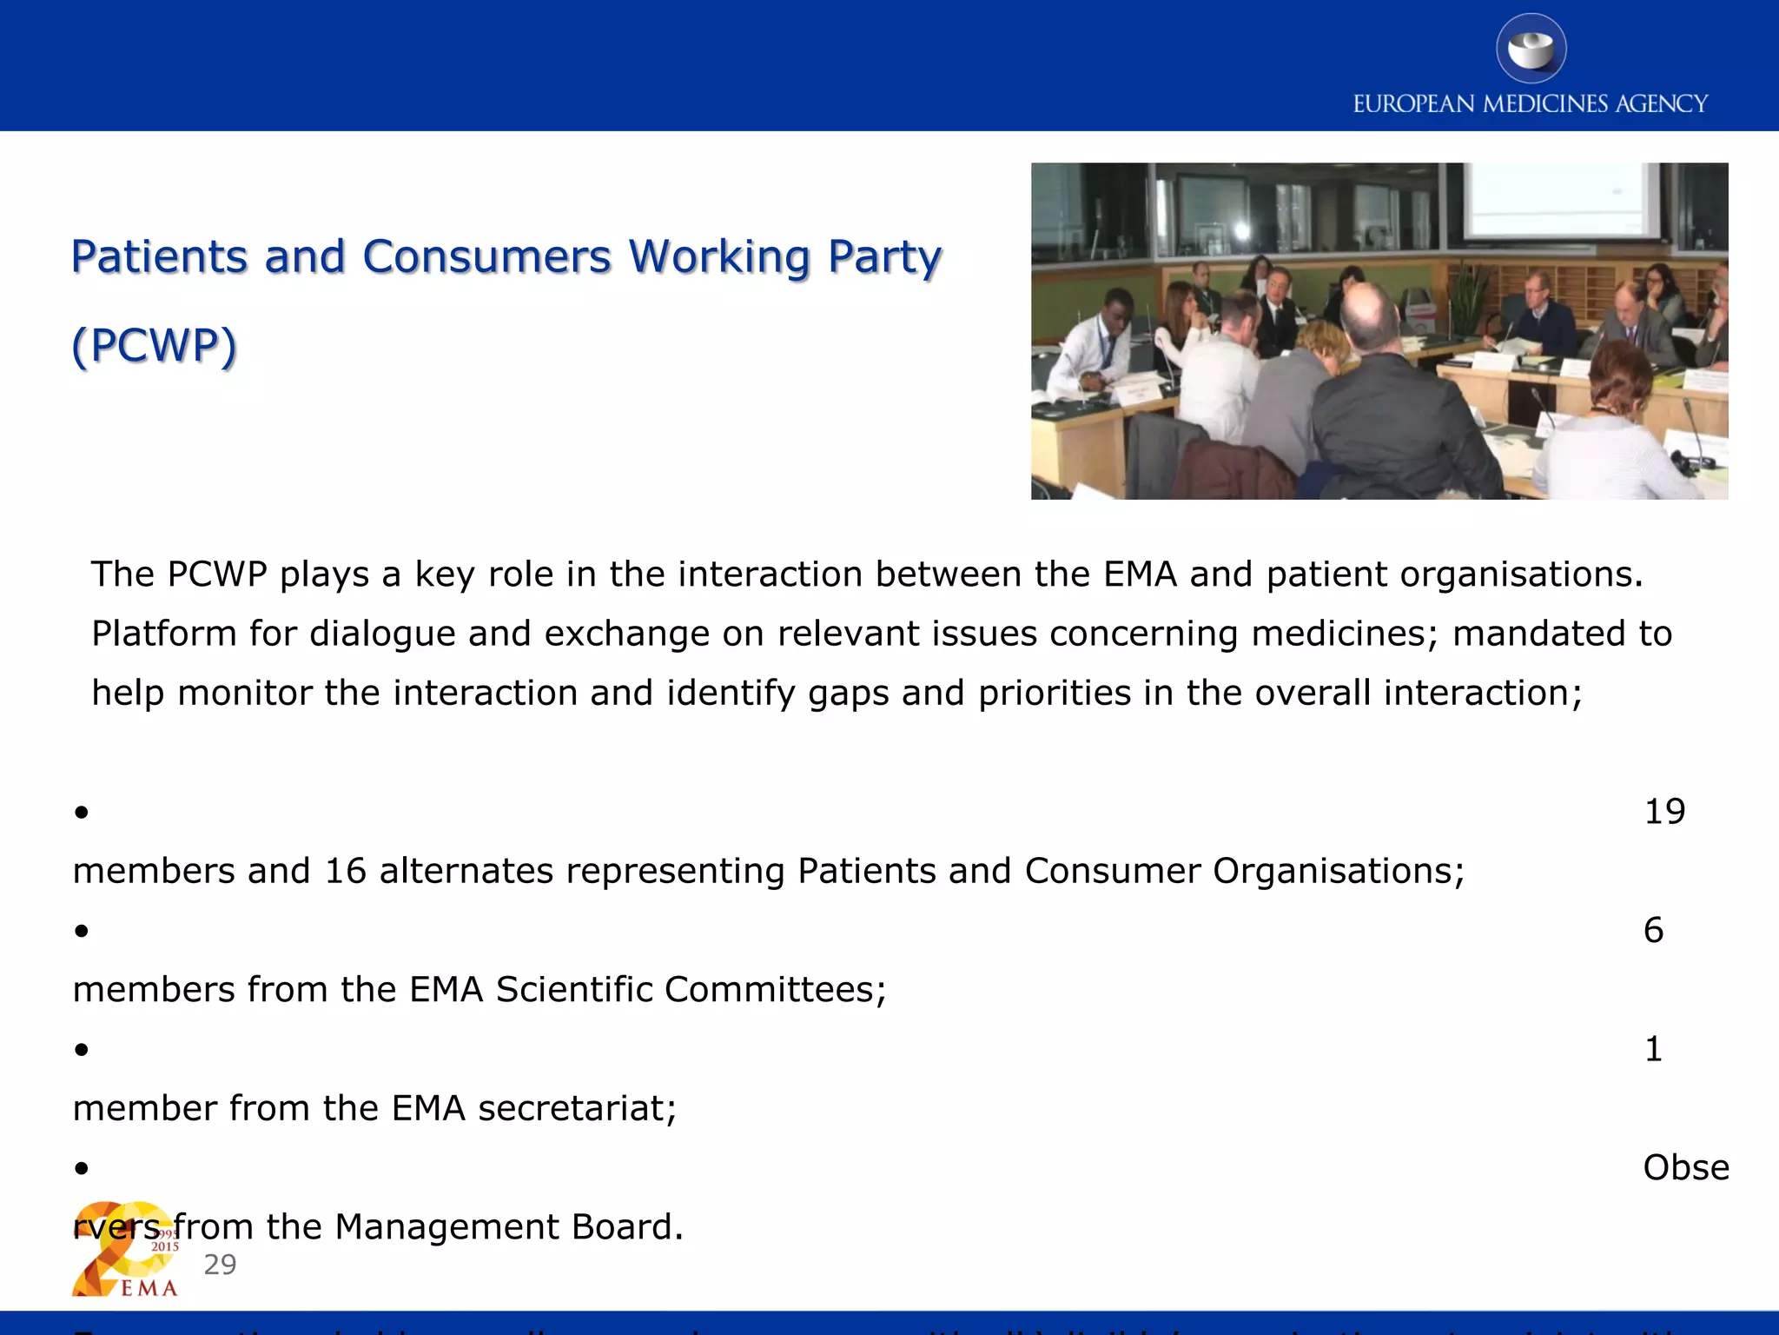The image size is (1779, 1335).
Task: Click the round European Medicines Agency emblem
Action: point(1531,49)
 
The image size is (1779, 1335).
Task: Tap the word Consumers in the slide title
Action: point(486,257)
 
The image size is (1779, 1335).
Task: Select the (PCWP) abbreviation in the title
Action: point(154,346)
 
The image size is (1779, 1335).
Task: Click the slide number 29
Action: point(220,1265)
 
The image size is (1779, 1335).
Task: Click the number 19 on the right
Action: point(1664,812)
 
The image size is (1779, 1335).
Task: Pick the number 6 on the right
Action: point(1653,931)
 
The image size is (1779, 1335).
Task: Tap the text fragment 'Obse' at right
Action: point(1685,1168)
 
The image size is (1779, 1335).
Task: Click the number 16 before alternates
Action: point(346,871)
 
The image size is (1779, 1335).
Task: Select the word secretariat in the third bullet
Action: point(576,1109)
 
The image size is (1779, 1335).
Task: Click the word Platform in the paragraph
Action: point(163,634)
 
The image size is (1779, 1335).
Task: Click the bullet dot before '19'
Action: point(82,813)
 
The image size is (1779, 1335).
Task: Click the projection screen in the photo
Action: point(1559,200)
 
